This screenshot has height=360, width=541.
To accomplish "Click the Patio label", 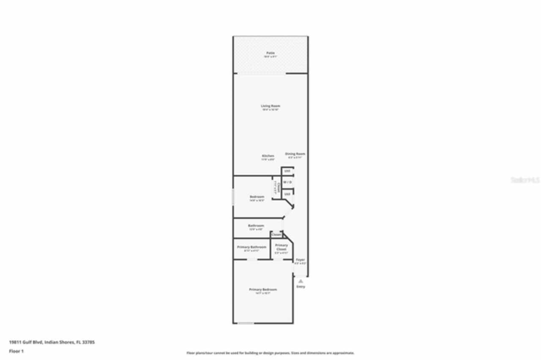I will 270,53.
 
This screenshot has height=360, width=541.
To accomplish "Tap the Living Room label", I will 270,106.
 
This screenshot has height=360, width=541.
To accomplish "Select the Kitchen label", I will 268,156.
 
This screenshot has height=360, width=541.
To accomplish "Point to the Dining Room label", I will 295,154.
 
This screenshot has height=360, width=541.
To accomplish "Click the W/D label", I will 287,182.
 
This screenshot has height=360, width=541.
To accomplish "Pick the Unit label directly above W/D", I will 287,171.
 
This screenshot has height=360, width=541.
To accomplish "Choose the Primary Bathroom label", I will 252,247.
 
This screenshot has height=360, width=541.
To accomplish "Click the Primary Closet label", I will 281,247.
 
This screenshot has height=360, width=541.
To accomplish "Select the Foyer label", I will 300,259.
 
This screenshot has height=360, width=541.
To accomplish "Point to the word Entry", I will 301,287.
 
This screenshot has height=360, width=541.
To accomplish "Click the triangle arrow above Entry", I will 301,281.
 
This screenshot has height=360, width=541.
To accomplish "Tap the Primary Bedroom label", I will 263,289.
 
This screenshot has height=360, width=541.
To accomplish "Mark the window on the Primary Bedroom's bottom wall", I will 246,323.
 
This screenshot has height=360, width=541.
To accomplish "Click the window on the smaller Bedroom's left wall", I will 233,197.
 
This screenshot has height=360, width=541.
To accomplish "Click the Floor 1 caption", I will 16,351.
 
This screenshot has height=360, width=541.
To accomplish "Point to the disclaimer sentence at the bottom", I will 270,353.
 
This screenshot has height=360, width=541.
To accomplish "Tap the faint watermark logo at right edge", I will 525,180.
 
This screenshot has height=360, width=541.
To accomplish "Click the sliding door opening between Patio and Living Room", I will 261,74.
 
